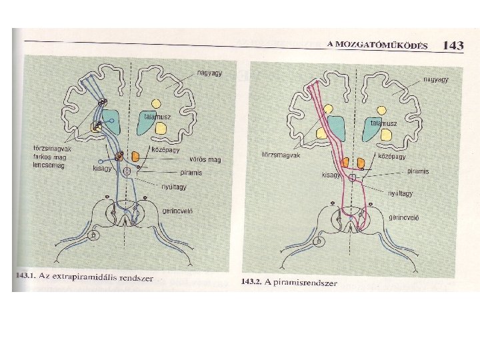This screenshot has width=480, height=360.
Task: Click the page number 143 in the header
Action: click(453, 45)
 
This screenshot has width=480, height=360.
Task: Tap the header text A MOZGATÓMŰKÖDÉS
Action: click(377, 44)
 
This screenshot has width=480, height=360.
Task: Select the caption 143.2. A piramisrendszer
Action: click(290, 282)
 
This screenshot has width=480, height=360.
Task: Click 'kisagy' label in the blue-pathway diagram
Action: click(103, 168)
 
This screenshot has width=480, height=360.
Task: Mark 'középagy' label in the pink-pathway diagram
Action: click(393, 157)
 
